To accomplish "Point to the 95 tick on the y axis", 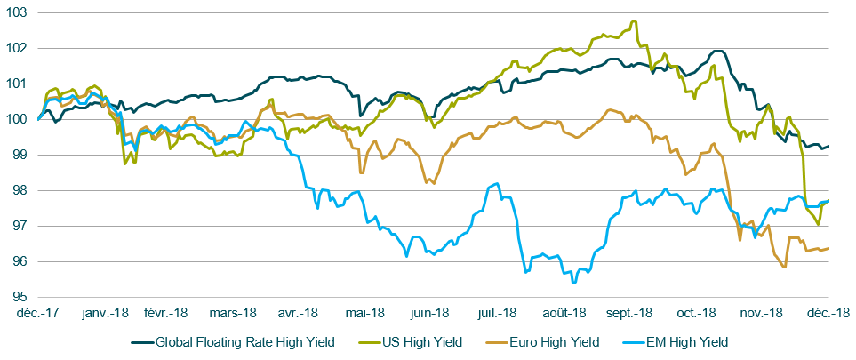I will click(18, 297).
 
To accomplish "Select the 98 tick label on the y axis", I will click(18, 190).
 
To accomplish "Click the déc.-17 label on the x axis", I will click(38, 313).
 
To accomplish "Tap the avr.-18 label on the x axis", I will click(299, 313).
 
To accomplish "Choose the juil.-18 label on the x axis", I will click(497, 313).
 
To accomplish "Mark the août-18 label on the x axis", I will click(564, 313).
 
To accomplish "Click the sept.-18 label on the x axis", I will click(629, 313).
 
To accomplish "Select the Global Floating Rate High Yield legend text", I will click(244, 341).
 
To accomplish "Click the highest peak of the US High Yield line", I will click(634, 20).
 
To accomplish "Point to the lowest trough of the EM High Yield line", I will click(573, 283).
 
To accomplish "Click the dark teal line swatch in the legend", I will click(142, 341).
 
